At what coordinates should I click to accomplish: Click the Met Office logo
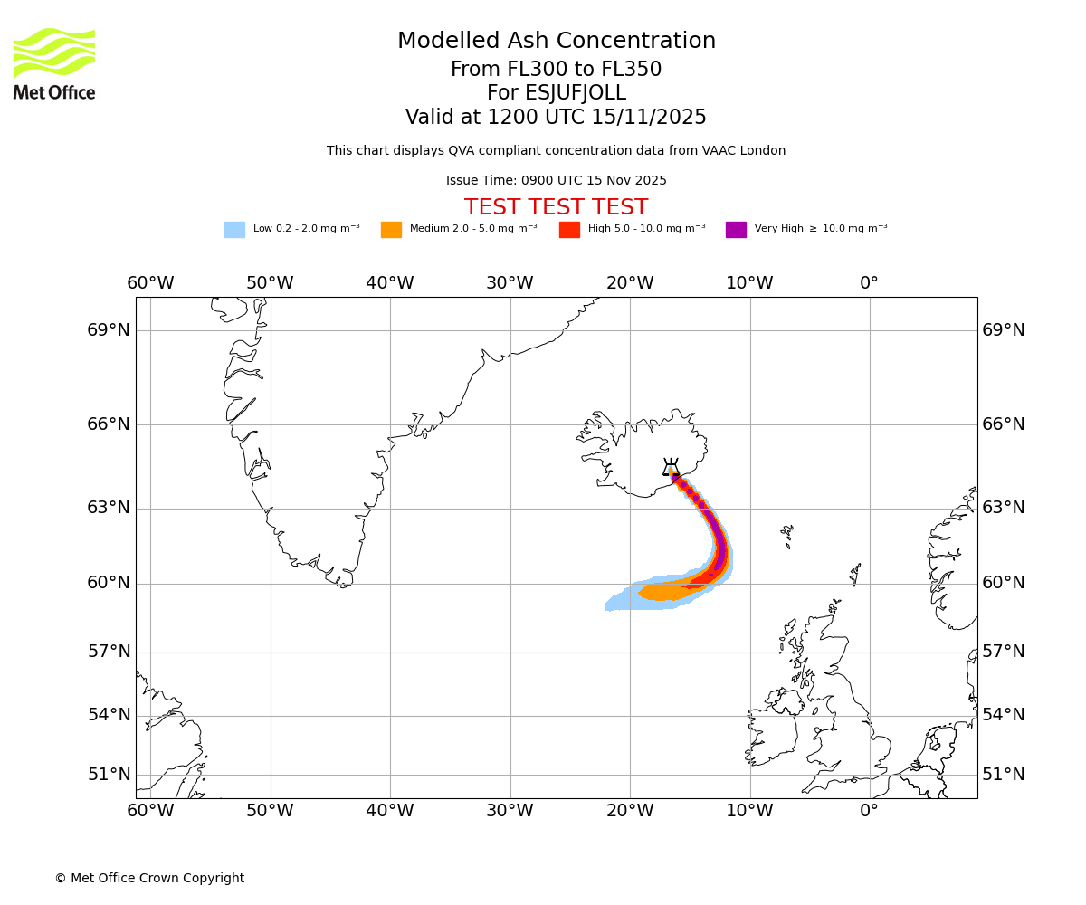pyautogui.click(x=54, y=63)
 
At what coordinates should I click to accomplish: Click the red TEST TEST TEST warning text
pyautogui.click(x=556, y=207)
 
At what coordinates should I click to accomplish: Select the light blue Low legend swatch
pyautogui.click(x=234, y=229)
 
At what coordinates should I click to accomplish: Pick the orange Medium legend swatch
pyautogui.click(x=391, y=229)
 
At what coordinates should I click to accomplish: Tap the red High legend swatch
pyautogui.click(x=569, y=229)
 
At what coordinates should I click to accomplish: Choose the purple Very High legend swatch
pyautogui.click(x=736, y=229)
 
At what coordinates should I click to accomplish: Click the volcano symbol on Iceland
pyautogui.click(x=671, y=468)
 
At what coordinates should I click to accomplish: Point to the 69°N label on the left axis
pyautogui.click(x=109, y=330)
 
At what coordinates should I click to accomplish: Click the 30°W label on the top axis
pyautogui.click(x=510, y=283)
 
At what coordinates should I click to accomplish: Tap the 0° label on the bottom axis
pyautogui.click(x=869, y=810)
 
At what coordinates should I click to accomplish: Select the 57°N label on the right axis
pyautogui.click(x=1004, y=652)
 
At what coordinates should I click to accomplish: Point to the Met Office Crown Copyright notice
pyautogui.click(x=149, y=878)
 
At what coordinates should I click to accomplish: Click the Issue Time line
pyautogui.click(x=556, y=180)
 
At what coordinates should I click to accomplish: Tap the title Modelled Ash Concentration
pyautogui.click(x=556, y=41)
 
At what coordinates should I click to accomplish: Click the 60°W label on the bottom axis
pyautogui.click(x=150, y=810)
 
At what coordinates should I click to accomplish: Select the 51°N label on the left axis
pyautogui.click(x=109, y=775)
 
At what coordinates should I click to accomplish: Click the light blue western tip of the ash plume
pyautogui.click(x=610, y=605)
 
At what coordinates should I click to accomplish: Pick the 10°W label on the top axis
pyautogui.click(x=749, y=283)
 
